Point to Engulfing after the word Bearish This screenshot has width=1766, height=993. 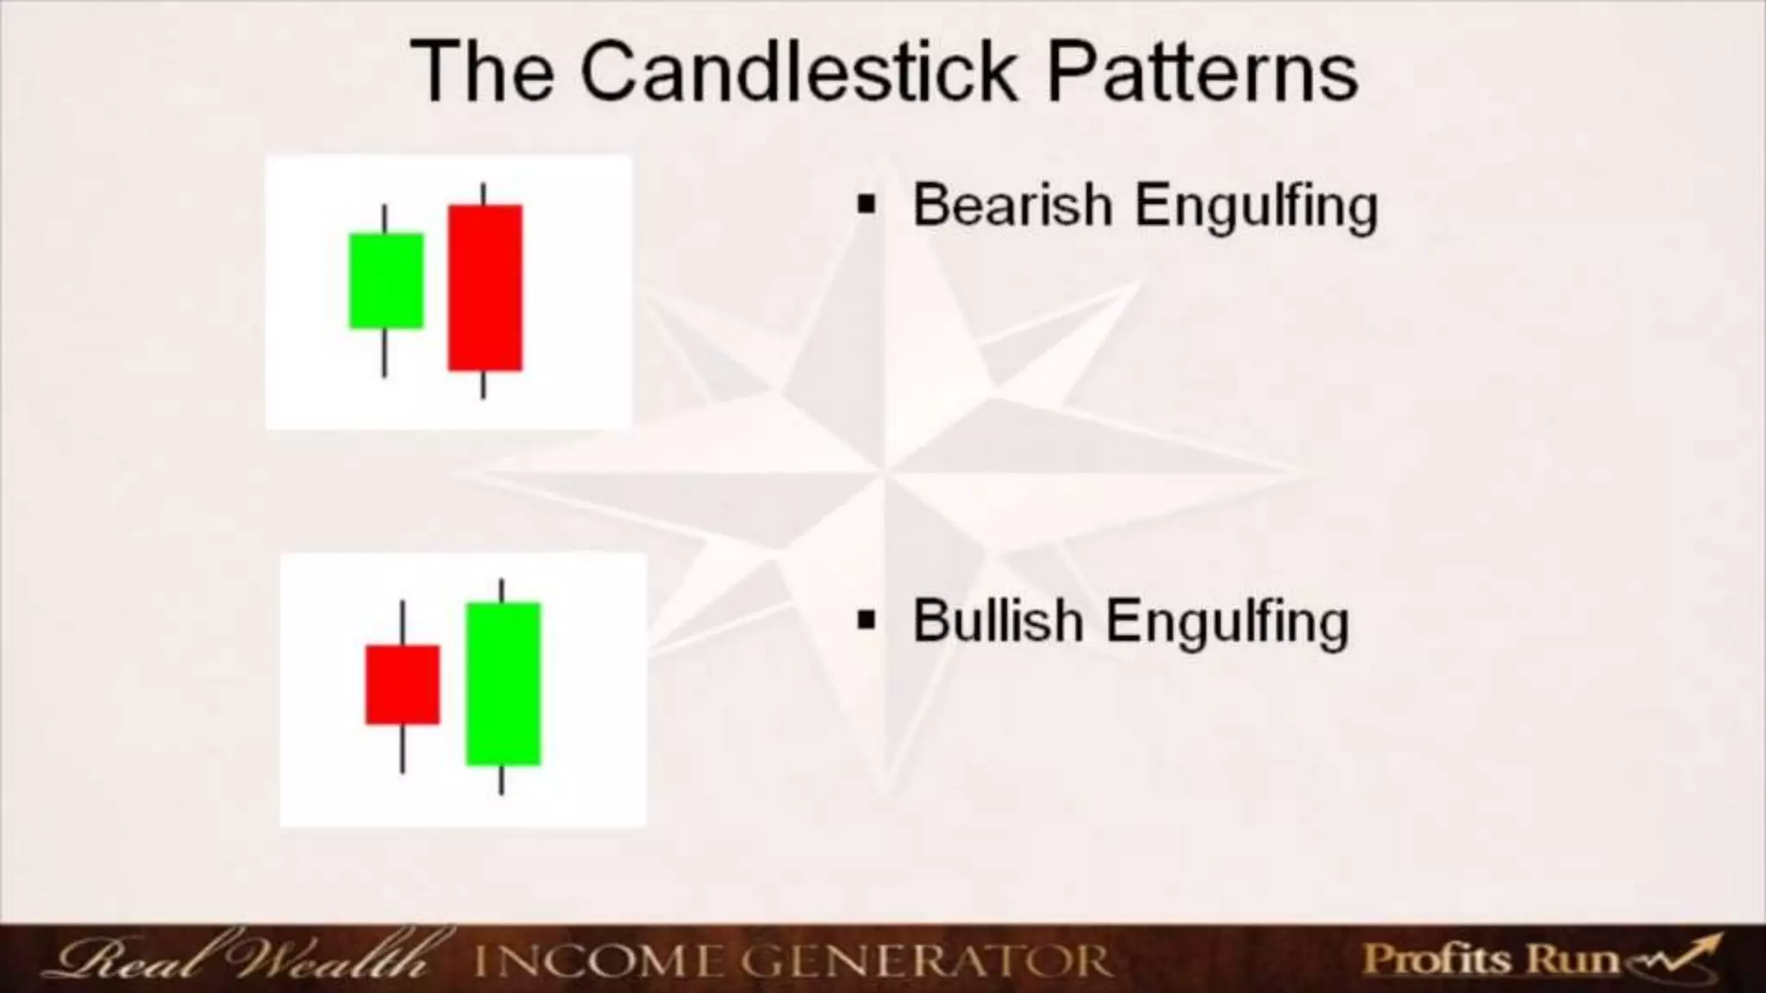click(1256, 207)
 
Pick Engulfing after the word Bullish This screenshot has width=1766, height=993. click(1227, 622)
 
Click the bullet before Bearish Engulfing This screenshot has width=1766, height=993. click(867, 205)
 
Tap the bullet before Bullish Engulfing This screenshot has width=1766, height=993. click(867, 620)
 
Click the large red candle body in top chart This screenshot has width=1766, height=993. click(485, 287)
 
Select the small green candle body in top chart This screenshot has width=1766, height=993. click(385, 280)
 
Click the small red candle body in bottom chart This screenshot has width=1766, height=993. click(402, 684)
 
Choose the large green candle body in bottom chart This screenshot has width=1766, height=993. click(503, 684)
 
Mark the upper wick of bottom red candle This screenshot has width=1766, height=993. click(402, 622)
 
